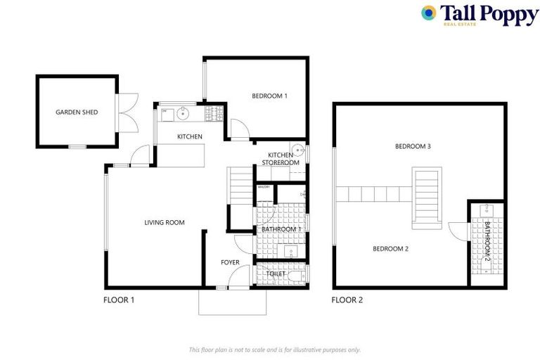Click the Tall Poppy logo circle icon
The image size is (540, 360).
428,13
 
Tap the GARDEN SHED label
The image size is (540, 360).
77,112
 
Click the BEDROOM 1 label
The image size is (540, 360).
270,96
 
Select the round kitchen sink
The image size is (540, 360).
182,112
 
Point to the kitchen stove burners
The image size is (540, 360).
213,112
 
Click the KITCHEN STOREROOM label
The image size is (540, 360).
281,158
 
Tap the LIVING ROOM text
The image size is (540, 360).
164,223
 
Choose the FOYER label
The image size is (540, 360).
230,262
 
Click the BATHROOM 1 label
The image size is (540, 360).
281,229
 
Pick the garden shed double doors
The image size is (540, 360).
125,112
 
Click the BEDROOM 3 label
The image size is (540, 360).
412,147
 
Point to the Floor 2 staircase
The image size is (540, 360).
426,197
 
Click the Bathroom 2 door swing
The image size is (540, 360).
457,231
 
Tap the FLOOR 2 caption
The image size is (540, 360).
347,300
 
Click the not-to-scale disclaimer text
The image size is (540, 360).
274,349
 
